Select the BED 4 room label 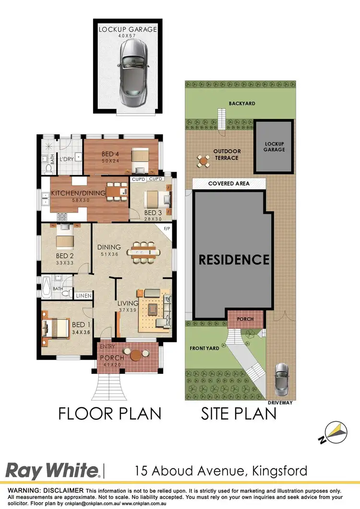pyautogui.click(x=110, y=154)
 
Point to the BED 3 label pyautogui.click(x=153, y=213)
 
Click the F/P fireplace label pyautogui.click(x=168, y=229)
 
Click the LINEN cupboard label pyautogui.click(x=83, y=296)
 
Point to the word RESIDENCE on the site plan pyautogui.click(x=234, y=260)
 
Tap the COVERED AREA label pyautogui.click(x=228, y=184)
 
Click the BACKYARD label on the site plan pyautogui.click(x=241, y=103)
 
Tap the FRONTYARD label pyautogui.click(x=204, y=348)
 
